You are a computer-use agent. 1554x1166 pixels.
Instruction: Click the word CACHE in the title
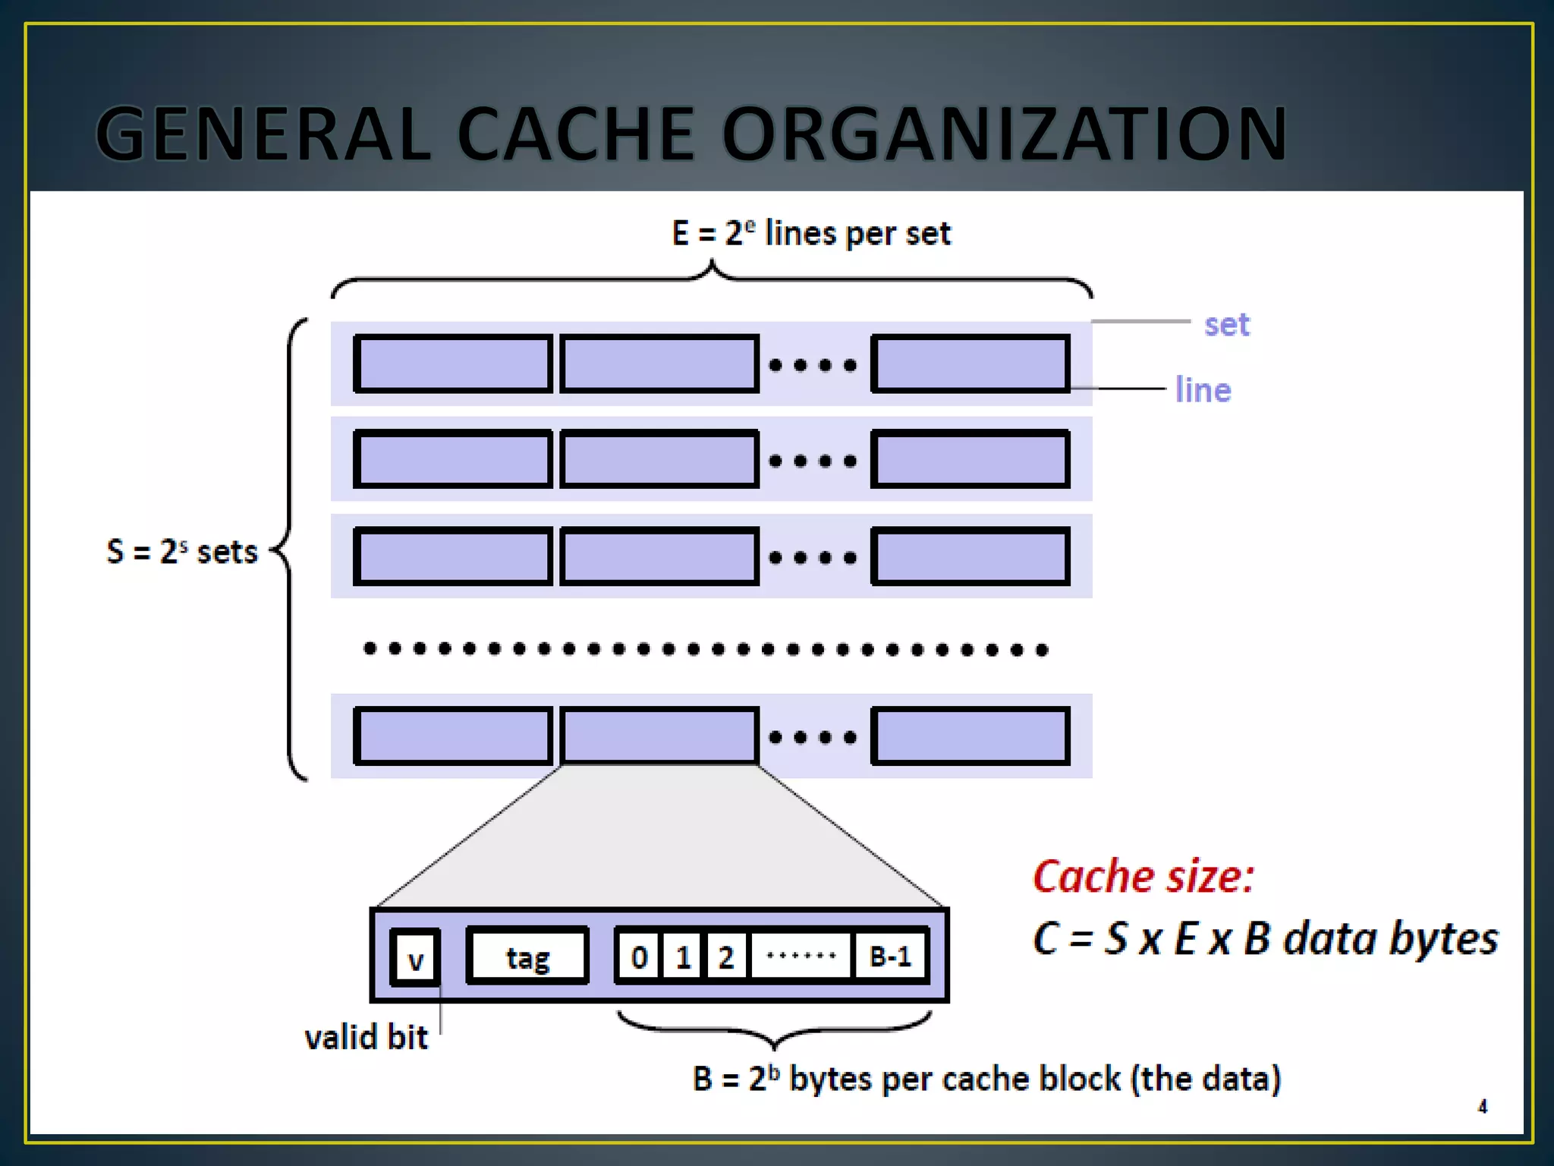click(575, 134)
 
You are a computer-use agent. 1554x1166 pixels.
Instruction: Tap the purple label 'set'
click(1226, 325)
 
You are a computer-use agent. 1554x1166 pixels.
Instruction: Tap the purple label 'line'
click(1203, 390)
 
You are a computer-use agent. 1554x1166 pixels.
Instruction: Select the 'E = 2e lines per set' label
click(810, 233)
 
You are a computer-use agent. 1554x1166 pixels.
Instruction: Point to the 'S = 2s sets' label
click(182, 552)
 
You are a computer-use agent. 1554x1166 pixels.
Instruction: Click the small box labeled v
click(415, 958)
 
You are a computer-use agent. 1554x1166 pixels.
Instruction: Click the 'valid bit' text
click(366, 1038)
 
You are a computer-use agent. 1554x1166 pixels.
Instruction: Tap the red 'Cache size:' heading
click(1143, 877)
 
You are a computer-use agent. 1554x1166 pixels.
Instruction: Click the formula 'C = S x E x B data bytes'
click(1265, 939)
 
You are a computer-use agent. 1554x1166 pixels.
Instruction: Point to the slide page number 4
click(1482, 1107)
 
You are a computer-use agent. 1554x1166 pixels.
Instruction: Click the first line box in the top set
click(453, 364)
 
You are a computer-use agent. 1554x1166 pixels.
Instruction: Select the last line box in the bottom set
click(970, 736)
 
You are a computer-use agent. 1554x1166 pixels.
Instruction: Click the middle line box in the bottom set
click(659, 736)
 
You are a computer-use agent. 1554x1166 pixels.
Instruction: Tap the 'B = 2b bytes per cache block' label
click(986, 1079)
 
